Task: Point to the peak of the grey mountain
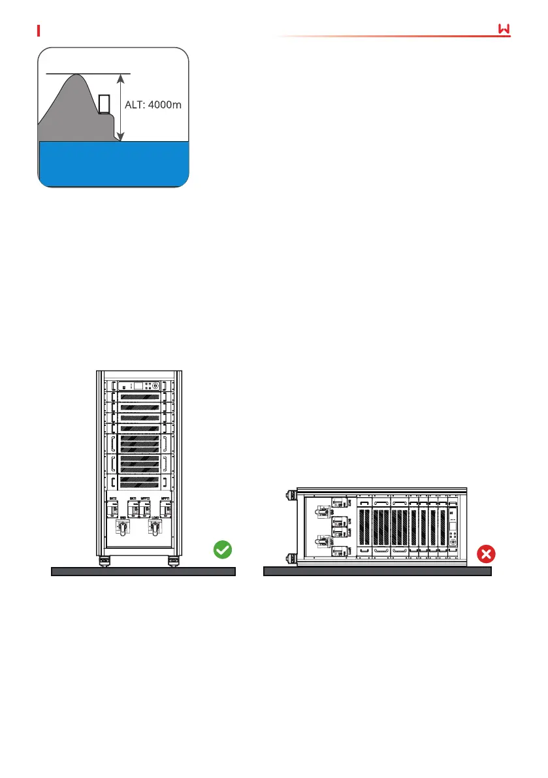click(77, 76)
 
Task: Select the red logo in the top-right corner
click(503, 30)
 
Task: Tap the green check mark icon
click(223, 551)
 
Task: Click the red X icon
click(487, 555)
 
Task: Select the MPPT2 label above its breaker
click(146, 498)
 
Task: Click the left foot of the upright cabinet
click(103, 561)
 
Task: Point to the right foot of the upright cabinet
click(174, 561)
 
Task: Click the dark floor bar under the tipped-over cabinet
click(377, 572)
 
